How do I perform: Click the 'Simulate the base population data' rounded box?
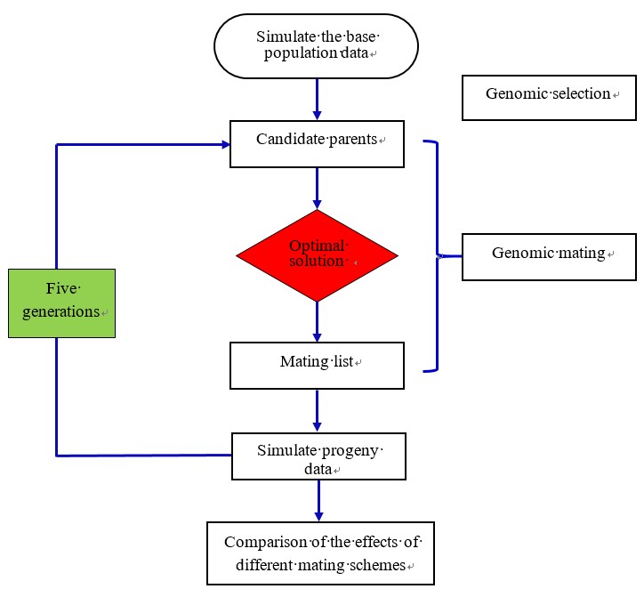[317, 47]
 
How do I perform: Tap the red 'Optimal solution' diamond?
[317, 255]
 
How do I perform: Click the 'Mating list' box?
[317, 365]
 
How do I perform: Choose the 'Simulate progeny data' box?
[318, 456]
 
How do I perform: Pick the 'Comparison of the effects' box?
[320, 553]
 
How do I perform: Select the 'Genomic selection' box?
[549, 97]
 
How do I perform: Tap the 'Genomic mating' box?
[549, 256]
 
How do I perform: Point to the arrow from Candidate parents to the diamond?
[317, 189]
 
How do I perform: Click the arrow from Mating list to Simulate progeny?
[318, 410]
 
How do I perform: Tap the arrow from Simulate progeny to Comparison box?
[318, 501]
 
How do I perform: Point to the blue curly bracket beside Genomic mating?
[434, 255]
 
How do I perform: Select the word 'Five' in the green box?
[61, 289]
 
